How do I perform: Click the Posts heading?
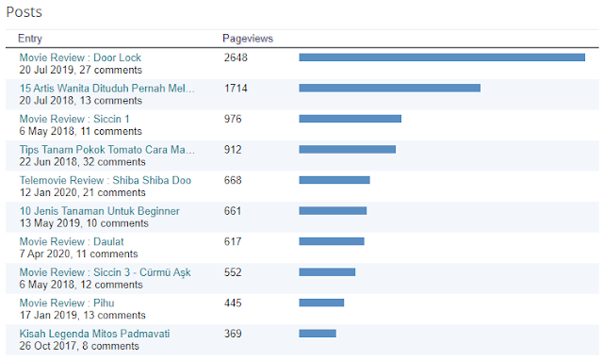click(24, 12)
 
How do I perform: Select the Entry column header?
click(30, 39)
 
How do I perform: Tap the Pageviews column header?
click(248, 39)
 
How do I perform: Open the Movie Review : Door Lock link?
click(80, 57)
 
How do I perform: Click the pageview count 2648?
click(236, 57)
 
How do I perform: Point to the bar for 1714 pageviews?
click(389, 88)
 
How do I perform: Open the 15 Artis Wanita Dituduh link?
click(106, 89)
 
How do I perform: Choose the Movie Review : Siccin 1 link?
click(74, 119)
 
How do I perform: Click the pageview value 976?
click(233, 119)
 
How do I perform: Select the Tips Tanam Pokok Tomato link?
click(106, 150)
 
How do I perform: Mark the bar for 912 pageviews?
click(348, 149)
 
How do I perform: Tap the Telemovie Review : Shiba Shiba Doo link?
click(106, 180)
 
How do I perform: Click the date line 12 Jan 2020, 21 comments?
click(82, 192)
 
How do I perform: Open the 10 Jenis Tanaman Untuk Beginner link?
click(100, 211)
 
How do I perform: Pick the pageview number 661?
click(233, 211)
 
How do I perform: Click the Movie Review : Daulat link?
click(72, 241)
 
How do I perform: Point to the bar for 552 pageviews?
click(327, 272)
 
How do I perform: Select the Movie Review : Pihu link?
click(67, 303)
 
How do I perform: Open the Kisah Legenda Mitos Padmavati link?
click(94, 334)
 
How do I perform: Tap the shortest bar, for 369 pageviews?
click(318, 334)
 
